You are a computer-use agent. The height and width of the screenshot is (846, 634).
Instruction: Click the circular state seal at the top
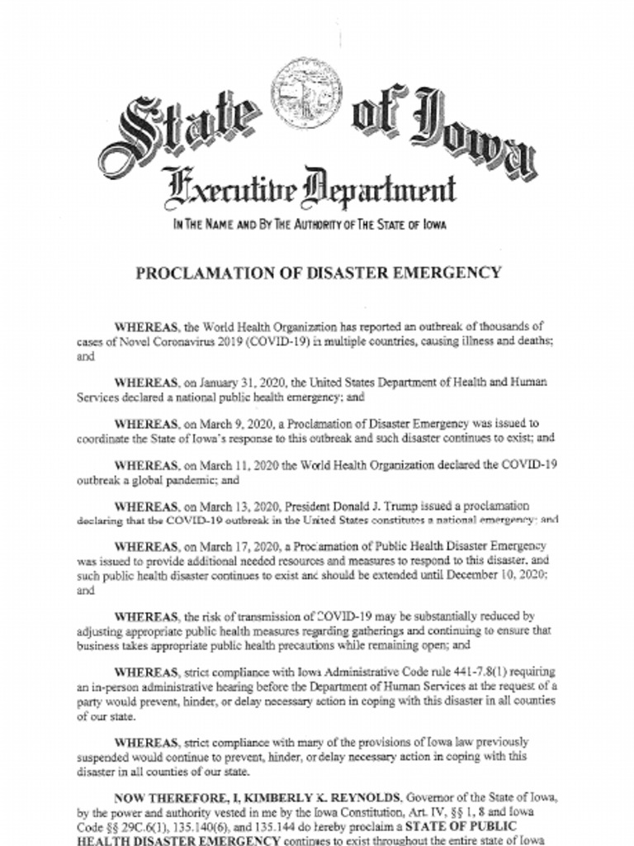[x=308, y=93]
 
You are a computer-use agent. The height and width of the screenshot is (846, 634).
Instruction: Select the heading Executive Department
[x=310, y=186]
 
